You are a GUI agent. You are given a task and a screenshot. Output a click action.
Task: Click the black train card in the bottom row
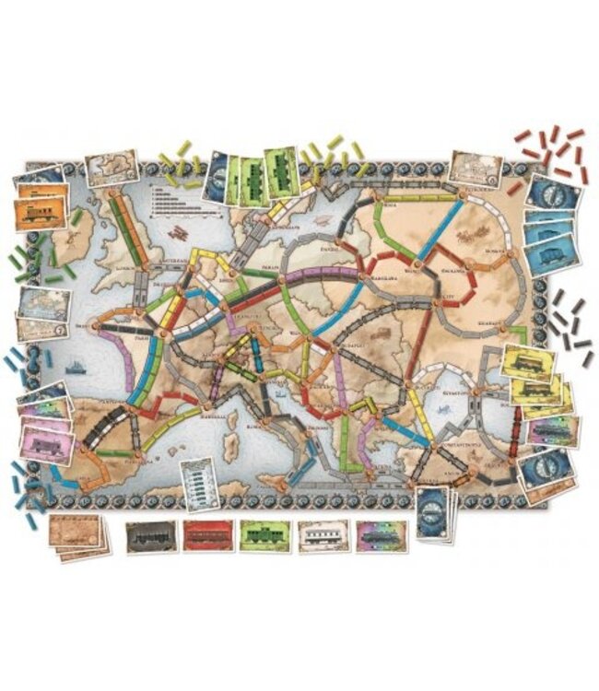149,536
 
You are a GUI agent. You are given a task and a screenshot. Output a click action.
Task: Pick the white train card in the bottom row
319,536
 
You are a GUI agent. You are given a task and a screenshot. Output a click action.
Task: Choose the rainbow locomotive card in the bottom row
377,536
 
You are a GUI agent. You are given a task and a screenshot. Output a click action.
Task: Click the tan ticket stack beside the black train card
79,534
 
